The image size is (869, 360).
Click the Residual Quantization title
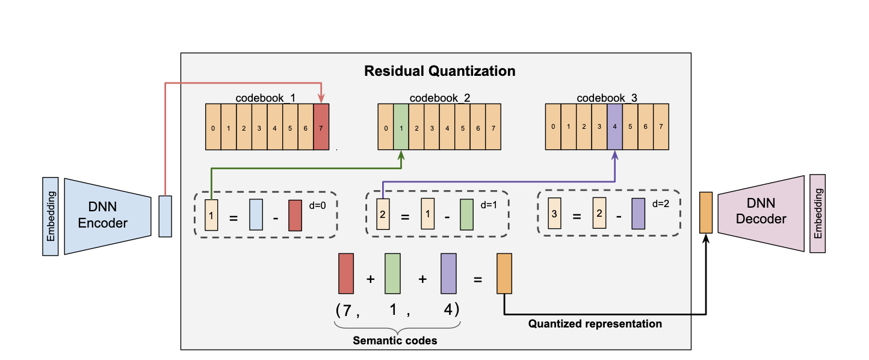click(439, 71)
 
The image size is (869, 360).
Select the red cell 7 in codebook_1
click(321, 127)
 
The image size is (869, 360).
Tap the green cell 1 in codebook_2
click(401, 127)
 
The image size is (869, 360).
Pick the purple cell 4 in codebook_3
click(614, 126)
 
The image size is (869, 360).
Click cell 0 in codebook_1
click(213, 127)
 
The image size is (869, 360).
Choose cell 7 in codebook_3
click(661, 126)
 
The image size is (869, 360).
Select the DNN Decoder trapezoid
click(761, 213)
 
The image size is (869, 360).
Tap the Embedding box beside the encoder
click(51, 216)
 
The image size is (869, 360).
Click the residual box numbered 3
click(555, 214)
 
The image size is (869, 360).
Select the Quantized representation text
click(595, 324)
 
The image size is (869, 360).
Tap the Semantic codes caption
click(395, 341)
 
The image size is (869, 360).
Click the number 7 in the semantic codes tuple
click(347, 310)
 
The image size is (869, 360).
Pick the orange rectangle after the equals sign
click(504, 274)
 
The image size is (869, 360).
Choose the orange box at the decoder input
click(705, 213)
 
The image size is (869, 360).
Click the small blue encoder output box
click(165, 216)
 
